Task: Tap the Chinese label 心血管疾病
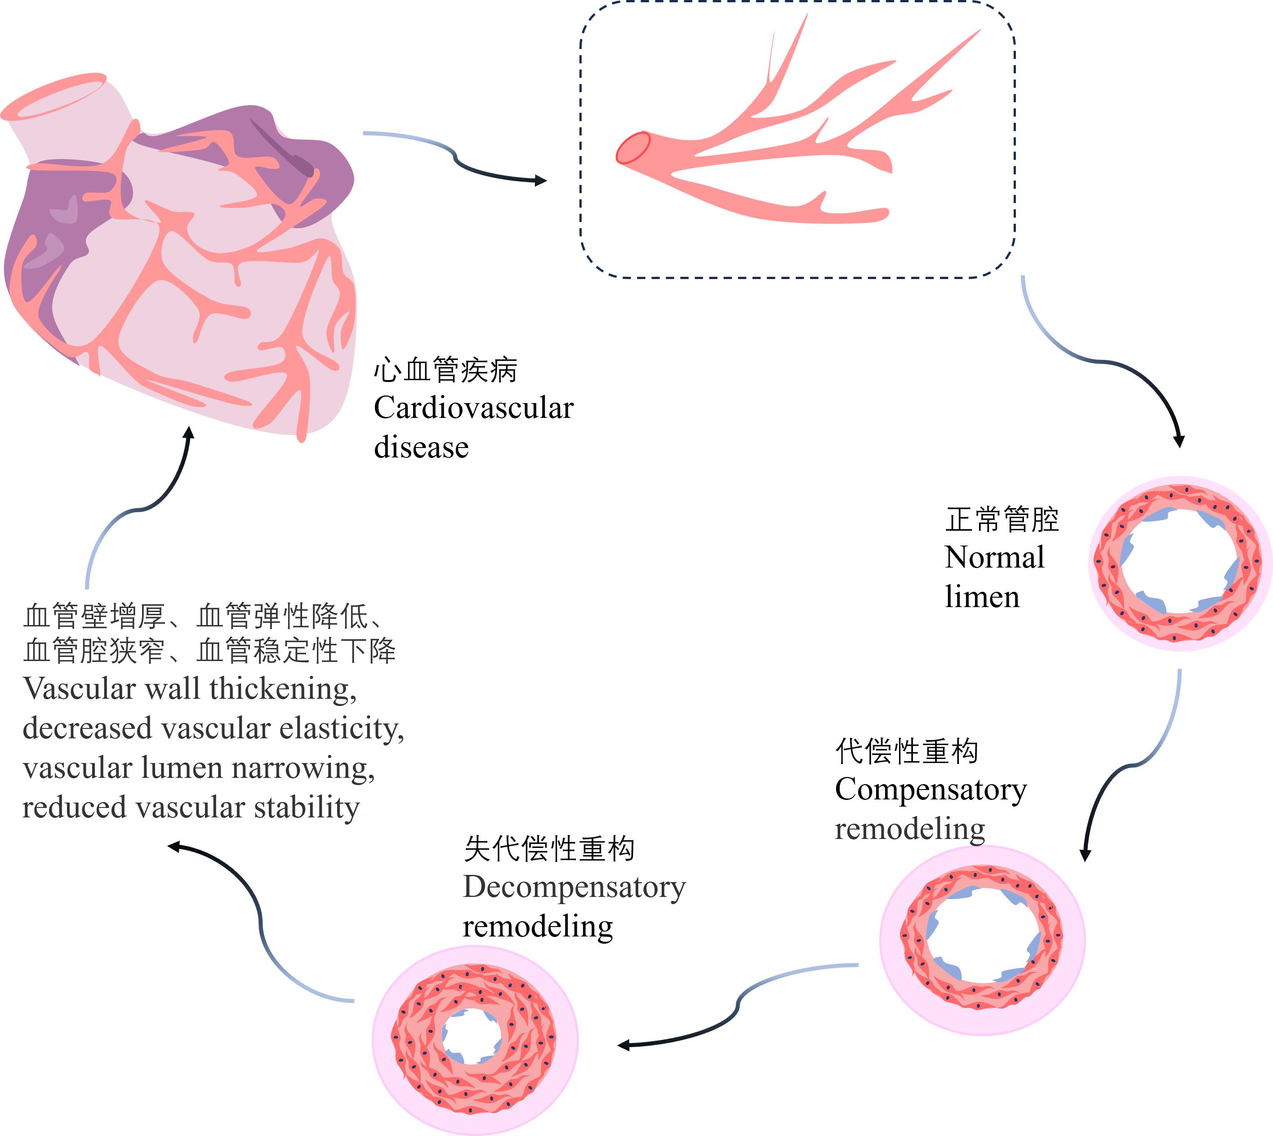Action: point(445,370)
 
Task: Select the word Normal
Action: point(994,557)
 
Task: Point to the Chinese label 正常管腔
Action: point(1001,520)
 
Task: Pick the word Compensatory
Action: point(930,790)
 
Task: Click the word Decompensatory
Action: point(574,887)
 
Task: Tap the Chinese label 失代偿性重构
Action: point(549,849)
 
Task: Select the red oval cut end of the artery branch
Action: point(633,148)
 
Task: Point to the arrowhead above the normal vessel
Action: point(1179,441)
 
